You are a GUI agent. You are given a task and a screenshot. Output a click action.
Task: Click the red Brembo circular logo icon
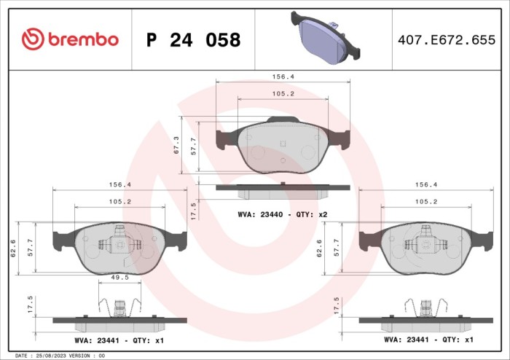pyautogui.click(x=33, y=39)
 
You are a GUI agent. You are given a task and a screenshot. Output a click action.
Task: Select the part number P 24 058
pyautogui.click(x=193, y=40)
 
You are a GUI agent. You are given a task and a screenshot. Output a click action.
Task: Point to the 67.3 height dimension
pyautogui.click(x=176, y=145)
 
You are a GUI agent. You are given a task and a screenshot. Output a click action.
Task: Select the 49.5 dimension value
pyautogui.click(x=121, y=277)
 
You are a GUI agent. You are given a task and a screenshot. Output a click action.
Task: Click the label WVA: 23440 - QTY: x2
pyautogui.click(x=282, y=214)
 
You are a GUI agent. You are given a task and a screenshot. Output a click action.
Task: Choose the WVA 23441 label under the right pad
pyautogui.click(x=428, y=340)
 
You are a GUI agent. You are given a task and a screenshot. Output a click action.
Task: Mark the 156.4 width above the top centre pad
pyautogui.click(x=282, y=75)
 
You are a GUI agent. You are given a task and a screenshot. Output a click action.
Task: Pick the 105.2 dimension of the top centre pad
pyautogui.click(x=282, y=93)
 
